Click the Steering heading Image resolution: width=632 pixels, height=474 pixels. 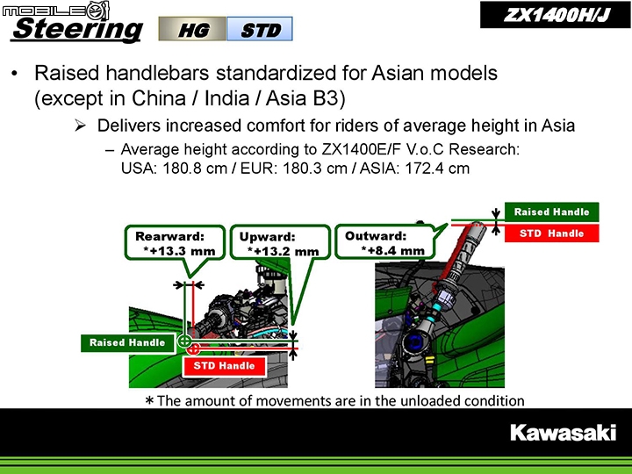77,30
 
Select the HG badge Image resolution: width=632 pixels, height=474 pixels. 192,29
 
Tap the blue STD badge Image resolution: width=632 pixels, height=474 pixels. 260,29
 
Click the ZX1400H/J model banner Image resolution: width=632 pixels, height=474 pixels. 555,15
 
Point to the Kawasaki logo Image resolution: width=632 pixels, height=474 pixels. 563,433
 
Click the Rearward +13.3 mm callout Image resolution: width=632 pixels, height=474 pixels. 175,243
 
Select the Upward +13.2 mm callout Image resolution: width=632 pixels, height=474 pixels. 280,242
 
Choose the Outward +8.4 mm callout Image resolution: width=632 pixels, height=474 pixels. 385,242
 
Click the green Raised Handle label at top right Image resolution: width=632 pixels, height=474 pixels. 551,212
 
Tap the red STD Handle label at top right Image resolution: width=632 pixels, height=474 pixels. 551,233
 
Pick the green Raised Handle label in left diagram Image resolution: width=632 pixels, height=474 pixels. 128,343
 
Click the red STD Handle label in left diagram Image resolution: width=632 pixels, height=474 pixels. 224,366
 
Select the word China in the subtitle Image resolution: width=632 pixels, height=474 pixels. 158,98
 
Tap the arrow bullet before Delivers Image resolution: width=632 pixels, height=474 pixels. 80,126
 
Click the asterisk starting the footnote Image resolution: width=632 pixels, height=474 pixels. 149,400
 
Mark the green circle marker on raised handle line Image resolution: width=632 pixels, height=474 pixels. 184,341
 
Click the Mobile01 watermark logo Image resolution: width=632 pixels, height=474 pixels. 55,10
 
